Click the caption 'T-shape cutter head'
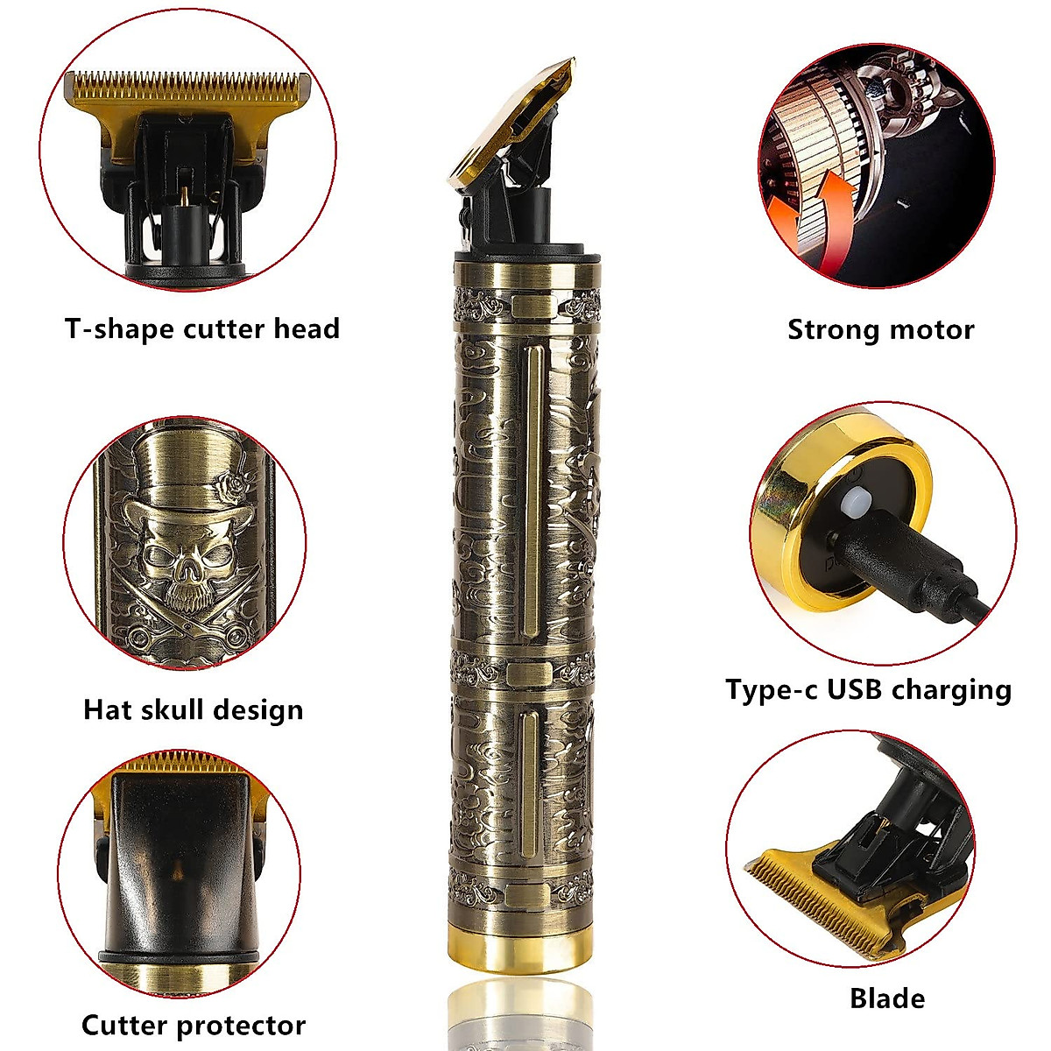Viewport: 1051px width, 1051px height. click(x=201, y=329)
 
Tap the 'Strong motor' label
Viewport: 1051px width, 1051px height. click(x=880, y=330)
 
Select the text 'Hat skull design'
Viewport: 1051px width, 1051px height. click(x=193, y=709)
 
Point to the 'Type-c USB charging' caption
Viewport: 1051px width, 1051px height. click(x=868, y=690)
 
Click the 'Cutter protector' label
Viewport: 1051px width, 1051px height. click(x=194, y=1025)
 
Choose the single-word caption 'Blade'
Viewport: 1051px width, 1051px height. click(x=886, y=998)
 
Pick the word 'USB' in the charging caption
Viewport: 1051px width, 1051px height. click(x=863, y=690)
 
